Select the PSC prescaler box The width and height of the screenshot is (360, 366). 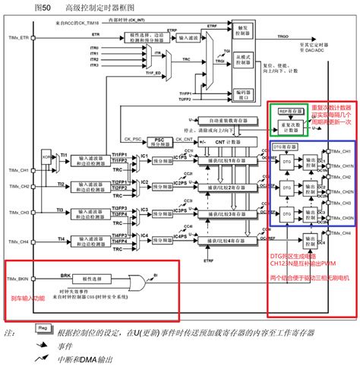click(138, 140)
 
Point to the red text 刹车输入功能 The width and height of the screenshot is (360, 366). click(27, 298)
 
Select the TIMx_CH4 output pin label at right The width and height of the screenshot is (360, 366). click(339, 263)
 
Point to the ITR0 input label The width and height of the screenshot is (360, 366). click(94, 47)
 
